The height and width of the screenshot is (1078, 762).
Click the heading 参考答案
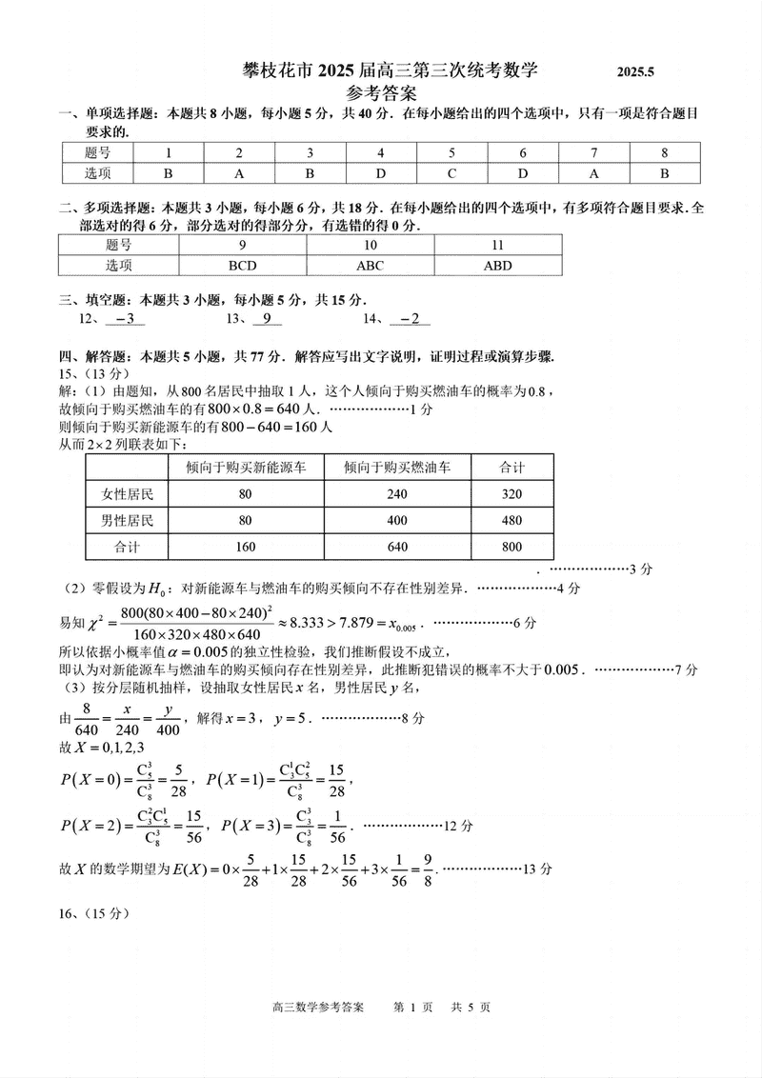tap(381, 93)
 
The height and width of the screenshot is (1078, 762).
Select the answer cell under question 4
tap(380, 173)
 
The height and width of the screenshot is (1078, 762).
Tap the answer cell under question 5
tap(451, 173)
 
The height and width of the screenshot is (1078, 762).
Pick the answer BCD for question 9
tap(243, 266)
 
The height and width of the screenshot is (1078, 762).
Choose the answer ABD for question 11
tap(497, 266)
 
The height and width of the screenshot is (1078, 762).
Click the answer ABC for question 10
tap(370, 266)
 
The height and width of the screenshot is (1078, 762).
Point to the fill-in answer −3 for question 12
tap(125, 320)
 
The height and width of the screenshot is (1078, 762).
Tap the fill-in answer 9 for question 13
tap(268, 320)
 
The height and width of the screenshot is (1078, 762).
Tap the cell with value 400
tap(396, 520)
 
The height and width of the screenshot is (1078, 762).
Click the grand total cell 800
tap(511, 547)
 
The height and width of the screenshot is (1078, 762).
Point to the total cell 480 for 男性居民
tap(511, 520)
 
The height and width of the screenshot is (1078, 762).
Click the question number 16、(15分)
tap(92, 911)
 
